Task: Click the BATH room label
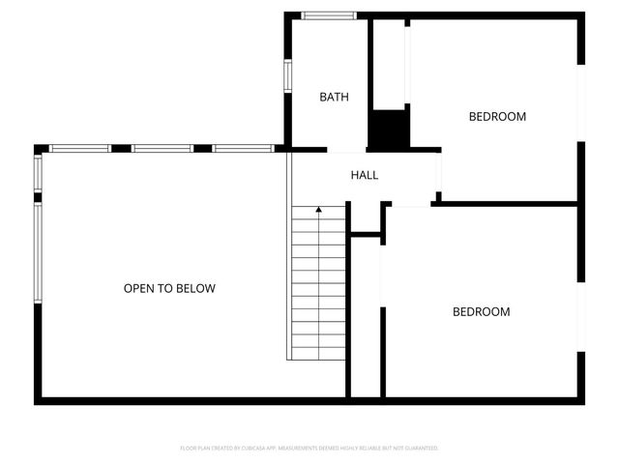(334, 97)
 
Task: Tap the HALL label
(365, 175)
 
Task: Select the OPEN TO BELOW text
(169, 288)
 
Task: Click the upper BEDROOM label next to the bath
(497, 117)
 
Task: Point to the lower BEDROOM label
(481, 312)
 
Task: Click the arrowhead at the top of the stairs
(319, 209)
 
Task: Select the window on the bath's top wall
(327, 15)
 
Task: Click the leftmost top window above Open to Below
(80, 148)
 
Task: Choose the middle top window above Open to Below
(162, 148)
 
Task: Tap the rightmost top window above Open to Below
(243, 148)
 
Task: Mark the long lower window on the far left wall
(38, 251)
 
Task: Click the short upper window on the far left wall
(38, 174)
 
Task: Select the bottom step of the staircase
(318, 353)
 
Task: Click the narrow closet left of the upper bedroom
(390, 63)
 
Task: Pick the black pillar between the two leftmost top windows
(121, 148)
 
